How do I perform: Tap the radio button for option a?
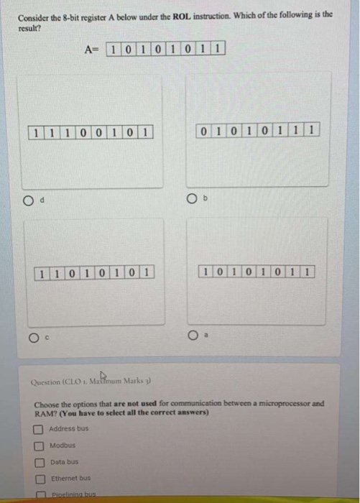click(x=194, y=334)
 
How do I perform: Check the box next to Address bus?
click(x=40, y=428)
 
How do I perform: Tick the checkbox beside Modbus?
click(x=40, y=445)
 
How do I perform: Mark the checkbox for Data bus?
click(x=40, y=461)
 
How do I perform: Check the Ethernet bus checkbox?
click(x=40, y=478)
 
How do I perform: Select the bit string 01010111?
click(x=257, y=129)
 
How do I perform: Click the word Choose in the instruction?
click(x=47, y=404)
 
